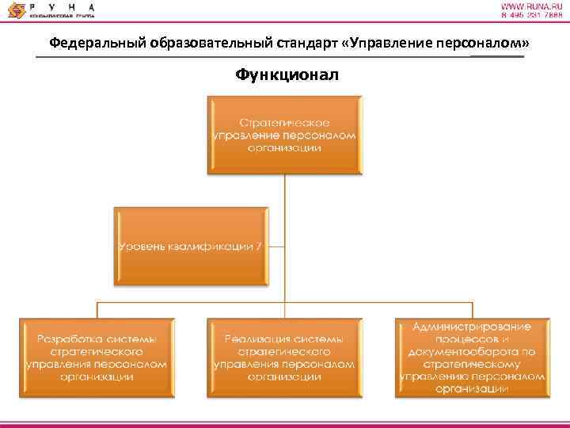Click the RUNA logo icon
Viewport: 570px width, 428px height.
pos(14,10)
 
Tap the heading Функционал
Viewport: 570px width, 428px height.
pos(284,75)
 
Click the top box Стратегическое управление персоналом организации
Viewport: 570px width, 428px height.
pos(284,135)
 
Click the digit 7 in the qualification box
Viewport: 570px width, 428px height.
pos(259,246)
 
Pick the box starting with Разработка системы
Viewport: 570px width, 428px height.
pos(97,357)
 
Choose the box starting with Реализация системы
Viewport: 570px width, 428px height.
pos(284,357)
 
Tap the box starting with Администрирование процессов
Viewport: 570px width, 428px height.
pos(473,357)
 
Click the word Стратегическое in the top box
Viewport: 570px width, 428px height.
pos(284,123)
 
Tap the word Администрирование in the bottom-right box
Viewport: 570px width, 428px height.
pos(473,327)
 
